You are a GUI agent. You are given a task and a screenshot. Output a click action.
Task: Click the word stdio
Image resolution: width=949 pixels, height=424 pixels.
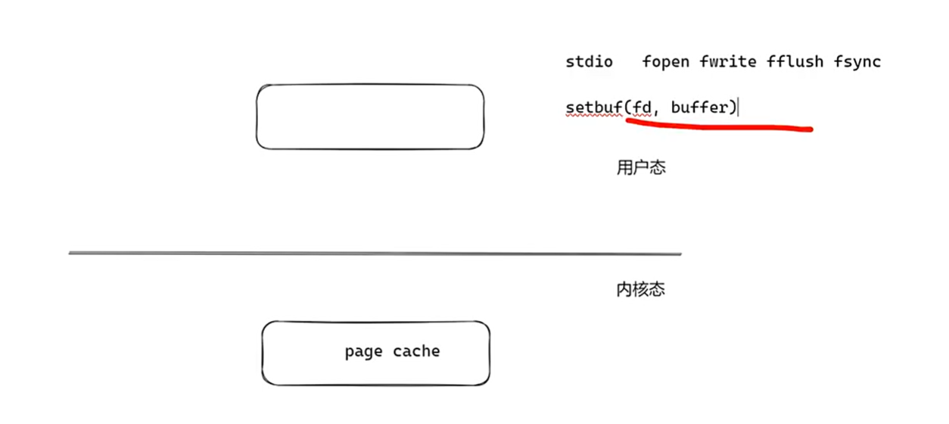[x=589, y=62]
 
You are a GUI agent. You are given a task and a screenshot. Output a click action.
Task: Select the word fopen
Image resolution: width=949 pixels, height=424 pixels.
[x=665, y=62]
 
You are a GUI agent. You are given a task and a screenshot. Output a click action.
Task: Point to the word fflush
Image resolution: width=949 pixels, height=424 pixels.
[x=794, y=62]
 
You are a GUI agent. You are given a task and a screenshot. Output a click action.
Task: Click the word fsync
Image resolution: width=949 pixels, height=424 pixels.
[x=857, y=62]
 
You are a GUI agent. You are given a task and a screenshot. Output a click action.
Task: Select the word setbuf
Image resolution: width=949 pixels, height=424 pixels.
[x=594, y=108]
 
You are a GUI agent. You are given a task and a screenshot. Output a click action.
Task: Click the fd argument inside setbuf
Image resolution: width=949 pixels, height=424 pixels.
[x=642, y=108]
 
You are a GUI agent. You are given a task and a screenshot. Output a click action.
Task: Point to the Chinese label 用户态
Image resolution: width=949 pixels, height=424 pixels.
[x=641, y=168]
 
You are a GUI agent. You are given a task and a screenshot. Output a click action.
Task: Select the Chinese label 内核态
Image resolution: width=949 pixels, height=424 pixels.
[x=641, y=289]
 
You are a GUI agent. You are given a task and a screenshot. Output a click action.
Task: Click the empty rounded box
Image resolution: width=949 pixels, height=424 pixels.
[x=369, y=117]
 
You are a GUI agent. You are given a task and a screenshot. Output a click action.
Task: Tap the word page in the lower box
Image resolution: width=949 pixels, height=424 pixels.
[x=363, y=351]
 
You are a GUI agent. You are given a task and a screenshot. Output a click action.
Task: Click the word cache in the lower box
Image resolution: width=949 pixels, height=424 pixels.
[x=416, y=351]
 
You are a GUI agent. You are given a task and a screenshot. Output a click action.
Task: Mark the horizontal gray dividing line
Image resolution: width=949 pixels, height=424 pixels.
[x=375, y=253]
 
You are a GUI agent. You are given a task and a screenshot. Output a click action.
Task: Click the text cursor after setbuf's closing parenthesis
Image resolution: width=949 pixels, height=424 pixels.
[x=738, y=108]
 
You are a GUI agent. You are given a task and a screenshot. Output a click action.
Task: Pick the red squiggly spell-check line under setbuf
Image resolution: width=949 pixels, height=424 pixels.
[x=594, y=116]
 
